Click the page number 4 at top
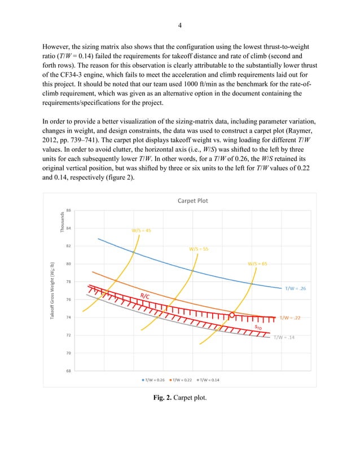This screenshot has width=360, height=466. (180, 25)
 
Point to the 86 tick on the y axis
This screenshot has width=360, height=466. (68, 210)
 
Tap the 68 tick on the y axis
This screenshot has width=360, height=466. (68, 371)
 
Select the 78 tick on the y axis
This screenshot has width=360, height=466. (68, 282)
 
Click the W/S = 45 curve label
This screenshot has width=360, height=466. (141, 230)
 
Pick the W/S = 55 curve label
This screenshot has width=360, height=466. (198, 248)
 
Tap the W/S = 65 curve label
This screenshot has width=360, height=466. (257, 263)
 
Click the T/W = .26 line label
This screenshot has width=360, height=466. (295, 288)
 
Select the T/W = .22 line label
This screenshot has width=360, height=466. (290, 318)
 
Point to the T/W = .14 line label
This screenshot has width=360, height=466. (284, 338)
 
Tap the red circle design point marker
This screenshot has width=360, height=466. (232, 315)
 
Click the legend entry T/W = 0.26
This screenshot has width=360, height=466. (154, 379)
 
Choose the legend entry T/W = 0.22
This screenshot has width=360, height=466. (181, 379)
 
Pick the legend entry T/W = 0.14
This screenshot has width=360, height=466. (207, 379)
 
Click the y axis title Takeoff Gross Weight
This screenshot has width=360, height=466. (51, 291)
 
